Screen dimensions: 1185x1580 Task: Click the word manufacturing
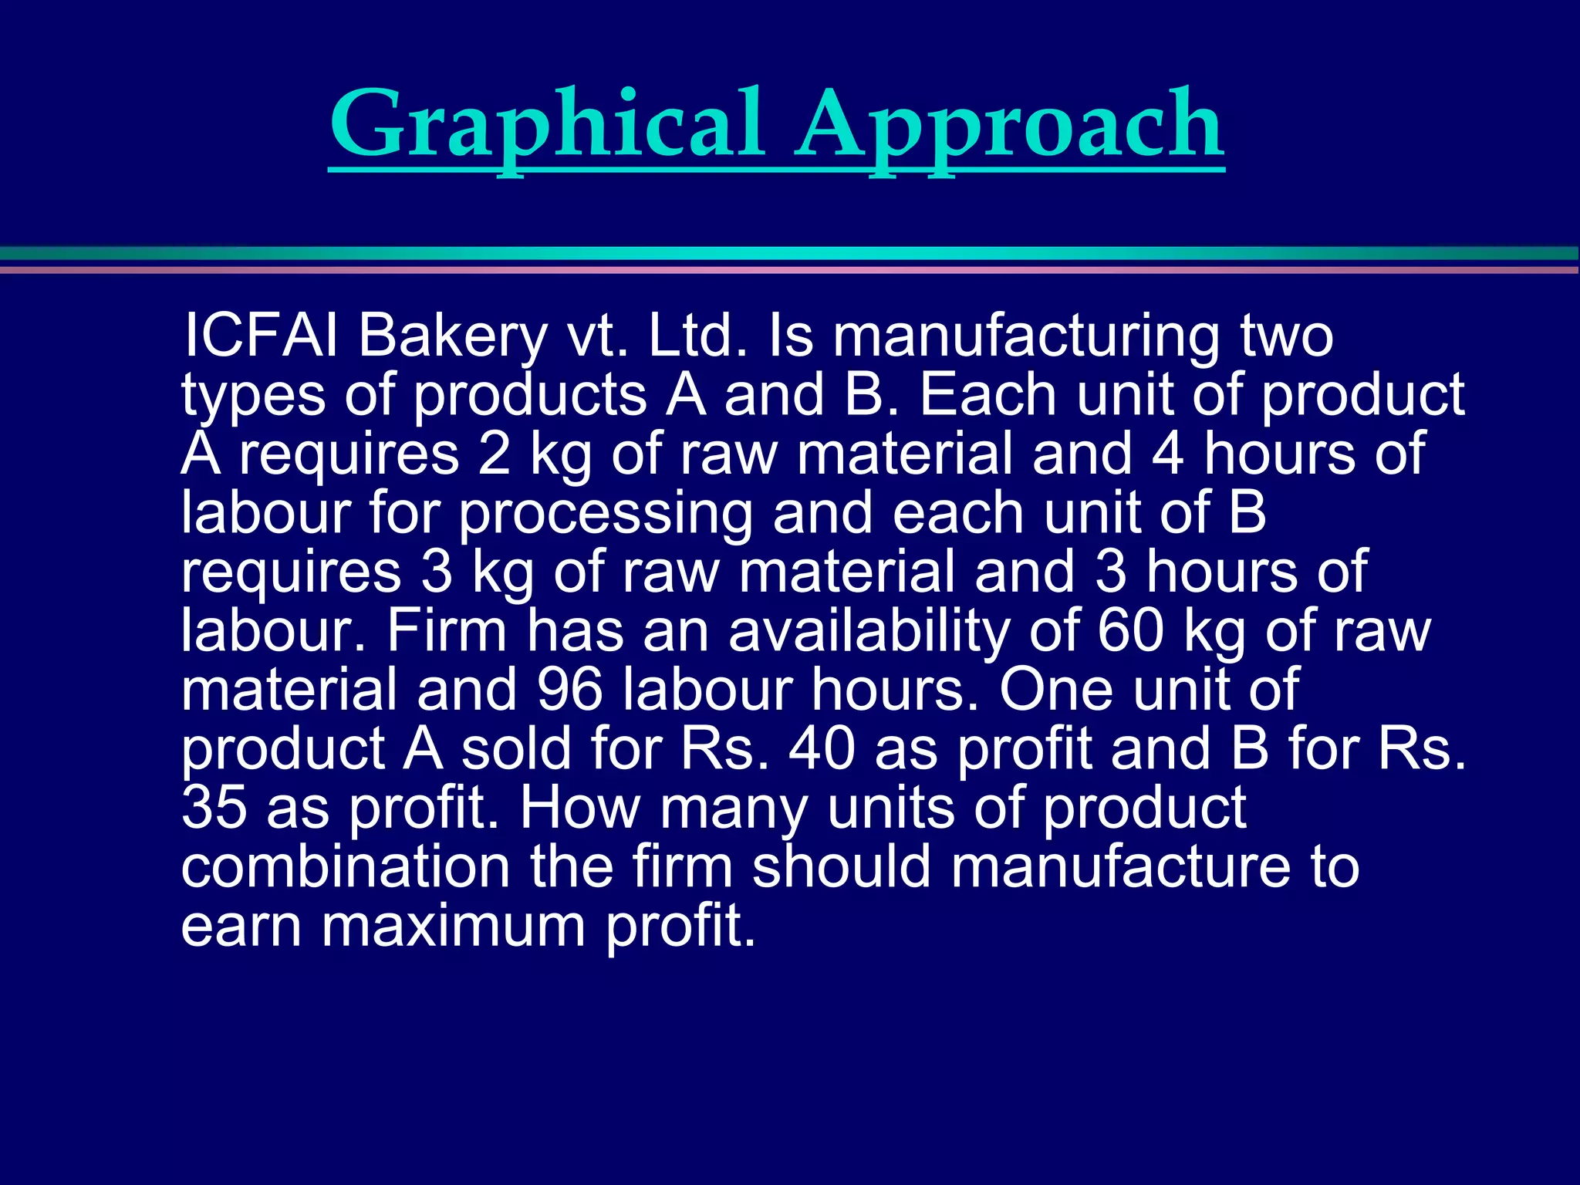point(1026,337)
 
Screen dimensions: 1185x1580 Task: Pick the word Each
point(988,395)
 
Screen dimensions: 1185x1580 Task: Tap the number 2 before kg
point(494,454)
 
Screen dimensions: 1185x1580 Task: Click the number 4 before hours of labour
point(1167,454)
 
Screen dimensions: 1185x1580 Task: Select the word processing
point(606,514)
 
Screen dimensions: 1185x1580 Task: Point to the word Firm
point(447,630)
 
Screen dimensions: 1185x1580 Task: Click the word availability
point(869,632)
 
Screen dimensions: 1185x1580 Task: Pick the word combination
point(346,866)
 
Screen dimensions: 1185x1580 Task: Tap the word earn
point(241,925)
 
